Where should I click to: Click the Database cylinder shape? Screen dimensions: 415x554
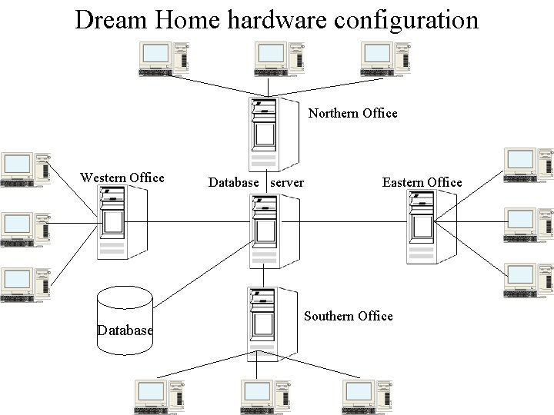point(125,321)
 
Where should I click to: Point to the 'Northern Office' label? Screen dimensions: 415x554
point(352,114)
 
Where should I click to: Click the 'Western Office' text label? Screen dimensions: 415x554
point(122,178)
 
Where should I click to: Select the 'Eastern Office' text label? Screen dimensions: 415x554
point(422,182)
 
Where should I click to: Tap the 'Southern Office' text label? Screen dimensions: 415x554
point(348,316)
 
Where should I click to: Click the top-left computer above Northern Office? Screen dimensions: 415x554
point(163,59)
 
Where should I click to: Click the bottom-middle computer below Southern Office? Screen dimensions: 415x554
point(265,397)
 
